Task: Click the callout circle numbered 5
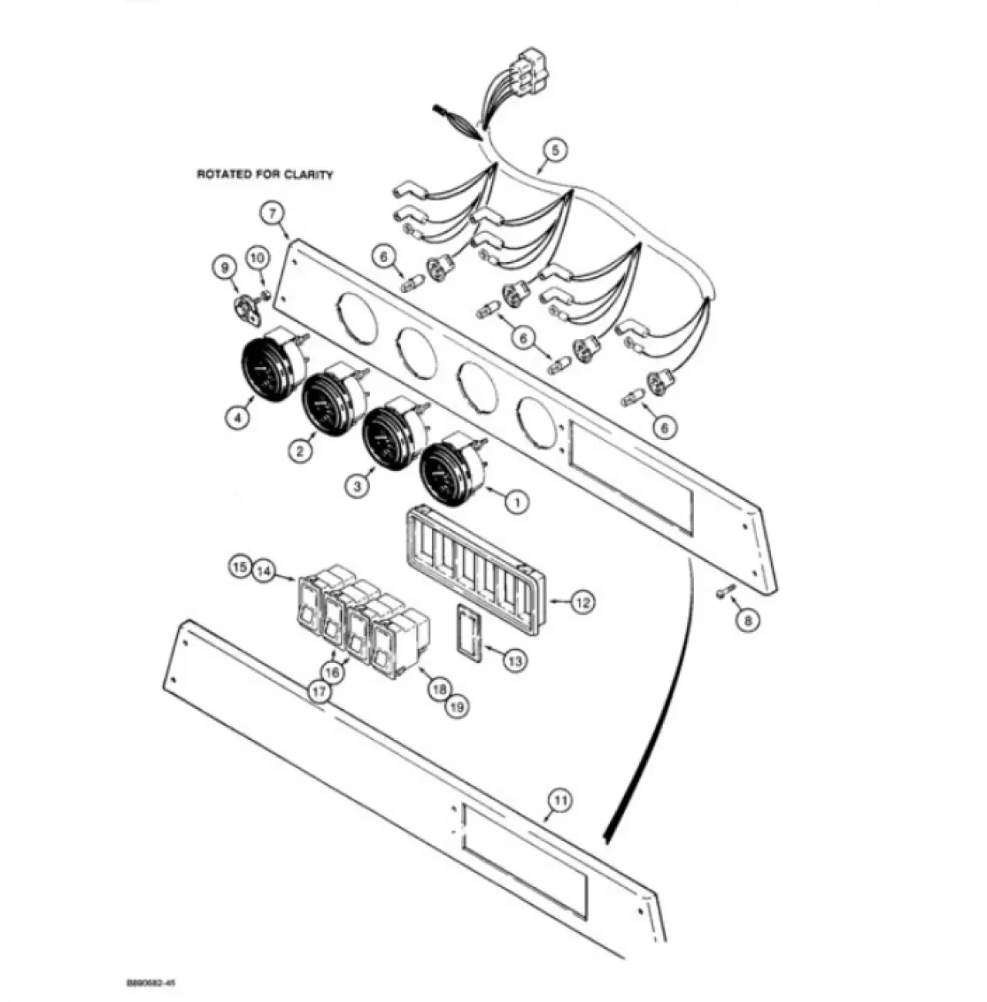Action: click(555, 151)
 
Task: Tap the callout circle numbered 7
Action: click(274, 214)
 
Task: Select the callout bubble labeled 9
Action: click(224, 268)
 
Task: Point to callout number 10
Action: click(258, 258)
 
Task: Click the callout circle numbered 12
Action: click(582, 602)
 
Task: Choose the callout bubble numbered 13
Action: click(514, 661)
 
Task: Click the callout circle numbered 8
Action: click(748, 620)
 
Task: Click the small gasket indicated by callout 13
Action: click(470, 632)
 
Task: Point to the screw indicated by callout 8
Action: click(727, 590)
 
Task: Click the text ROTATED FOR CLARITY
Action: click(264, 175)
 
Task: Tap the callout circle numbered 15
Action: click(241, 567)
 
